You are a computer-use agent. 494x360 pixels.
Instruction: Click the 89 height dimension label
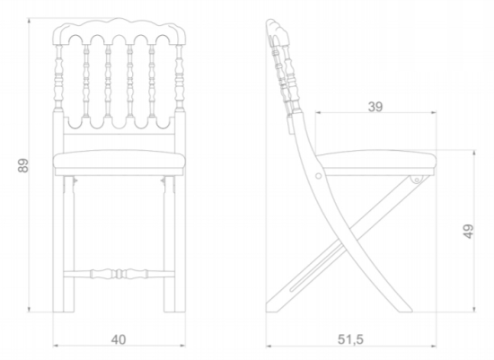[x=23, y=165]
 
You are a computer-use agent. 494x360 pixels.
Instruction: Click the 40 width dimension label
[x=119, y=339]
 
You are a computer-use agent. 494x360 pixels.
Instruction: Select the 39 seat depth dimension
[x=375, y=107]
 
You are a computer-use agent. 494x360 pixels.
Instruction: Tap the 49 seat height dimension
[x=469, y=232]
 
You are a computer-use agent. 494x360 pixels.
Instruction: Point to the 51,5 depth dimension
[x=350, y=339]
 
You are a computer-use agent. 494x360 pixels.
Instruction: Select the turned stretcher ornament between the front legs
[x=119, y=274]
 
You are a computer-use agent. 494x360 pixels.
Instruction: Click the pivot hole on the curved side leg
[x=319, y=175]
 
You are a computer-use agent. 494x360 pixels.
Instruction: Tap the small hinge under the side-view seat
[x=416, y=180]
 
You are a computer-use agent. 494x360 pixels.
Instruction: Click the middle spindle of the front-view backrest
[x=119, y=80]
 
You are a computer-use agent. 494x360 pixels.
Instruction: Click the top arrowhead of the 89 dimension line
[x=29, y=21]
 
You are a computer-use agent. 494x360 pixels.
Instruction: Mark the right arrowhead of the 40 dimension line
[x=182, y=346]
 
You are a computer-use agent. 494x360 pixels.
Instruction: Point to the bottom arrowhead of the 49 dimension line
[x=474, y=310]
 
